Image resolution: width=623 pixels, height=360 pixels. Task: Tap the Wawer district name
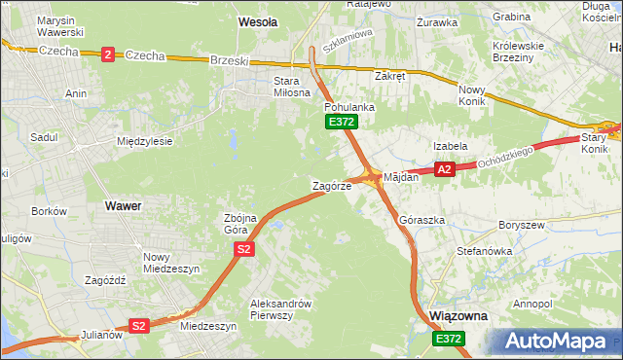(124, 206)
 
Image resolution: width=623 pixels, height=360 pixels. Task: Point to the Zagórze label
(331, 185)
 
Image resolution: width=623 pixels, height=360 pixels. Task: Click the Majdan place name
(400, 177)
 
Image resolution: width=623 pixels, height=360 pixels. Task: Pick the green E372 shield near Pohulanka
(342, 122)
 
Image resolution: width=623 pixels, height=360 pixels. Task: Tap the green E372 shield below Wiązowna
(449, 338)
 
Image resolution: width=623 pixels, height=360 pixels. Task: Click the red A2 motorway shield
(445, 169)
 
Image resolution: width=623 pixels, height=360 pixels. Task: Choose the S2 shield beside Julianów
(139, 326)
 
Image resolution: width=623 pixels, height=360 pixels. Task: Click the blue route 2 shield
(106, 54)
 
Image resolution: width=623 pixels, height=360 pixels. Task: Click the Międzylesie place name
(144, 141)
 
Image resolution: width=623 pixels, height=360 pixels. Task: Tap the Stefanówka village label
(484, 251)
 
